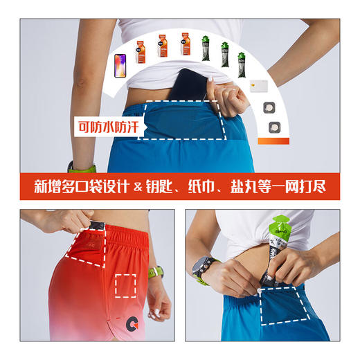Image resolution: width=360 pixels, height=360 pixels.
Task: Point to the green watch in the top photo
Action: point(81,167)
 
